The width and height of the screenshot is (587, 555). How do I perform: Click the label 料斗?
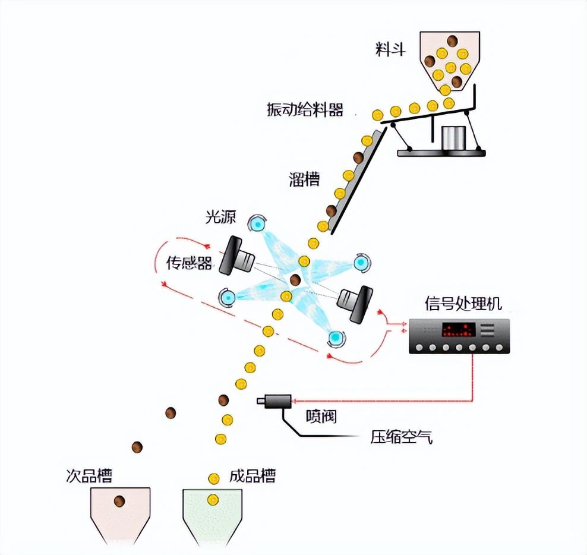point(390,49)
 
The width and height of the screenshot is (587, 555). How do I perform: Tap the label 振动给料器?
point(305,110)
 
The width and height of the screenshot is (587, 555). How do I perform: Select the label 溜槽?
point(304,179)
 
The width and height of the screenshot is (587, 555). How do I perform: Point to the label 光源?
point(220,216)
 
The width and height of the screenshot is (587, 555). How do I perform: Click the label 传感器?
point(189,263)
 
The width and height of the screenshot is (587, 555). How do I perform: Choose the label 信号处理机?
point(463,303)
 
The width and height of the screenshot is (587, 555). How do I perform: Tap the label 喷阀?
point(321,416)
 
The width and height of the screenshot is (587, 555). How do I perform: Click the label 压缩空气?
point(401,437)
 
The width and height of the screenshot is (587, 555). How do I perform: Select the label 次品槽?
point(89,475)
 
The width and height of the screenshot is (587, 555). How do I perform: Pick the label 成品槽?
point(253,475)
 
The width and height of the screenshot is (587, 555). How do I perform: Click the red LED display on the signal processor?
point(459,330)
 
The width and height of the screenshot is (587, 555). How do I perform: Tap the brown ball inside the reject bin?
point(119,501)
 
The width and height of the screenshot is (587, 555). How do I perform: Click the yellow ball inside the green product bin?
point(213,500)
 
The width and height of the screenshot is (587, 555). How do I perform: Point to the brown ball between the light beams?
point(295,279)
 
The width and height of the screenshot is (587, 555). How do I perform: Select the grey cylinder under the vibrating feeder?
point(453,137)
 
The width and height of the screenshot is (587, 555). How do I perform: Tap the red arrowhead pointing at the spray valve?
point(294,401)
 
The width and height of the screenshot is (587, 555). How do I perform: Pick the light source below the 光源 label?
point(257,223)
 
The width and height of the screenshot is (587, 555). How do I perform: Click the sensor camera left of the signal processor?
point(355,302)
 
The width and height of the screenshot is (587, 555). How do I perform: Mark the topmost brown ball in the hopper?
point(452,40)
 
